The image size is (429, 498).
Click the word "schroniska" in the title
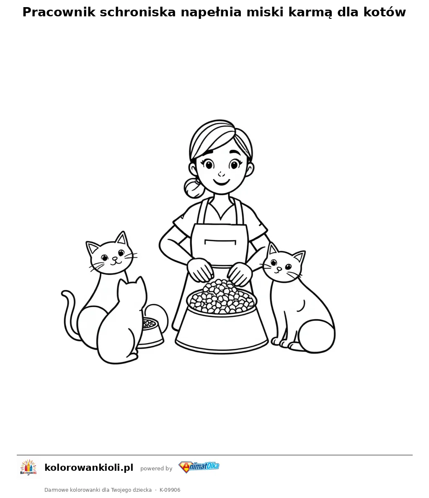[x=137, y=12]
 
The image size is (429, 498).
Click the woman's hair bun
[x=193, y=188]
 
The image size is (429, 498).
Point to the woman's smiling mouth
[x=221, y=182]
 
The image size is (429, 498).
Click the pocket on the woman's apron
[x=220, y=243]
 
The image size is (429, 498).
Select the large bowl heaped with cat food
[x=222, y=316]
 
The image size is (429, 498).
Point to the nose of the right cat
[x=279, y=269]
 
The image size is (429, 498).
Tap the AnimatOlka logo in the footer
[x=199, y=467]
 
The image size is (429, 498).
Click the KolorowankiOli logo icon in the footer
[x=28, y=467]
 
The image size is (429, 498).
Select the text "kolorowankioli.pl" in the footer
[x=89, y=467]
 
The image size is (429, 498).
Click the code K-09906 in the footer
[x=170, y=490]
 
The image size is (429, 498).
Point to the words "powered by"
[x=156, y=468]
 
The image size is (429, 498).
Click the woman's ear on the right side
[x=251, y=169]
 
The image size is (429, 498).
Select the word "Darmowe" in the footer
[x=56, y=490]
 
